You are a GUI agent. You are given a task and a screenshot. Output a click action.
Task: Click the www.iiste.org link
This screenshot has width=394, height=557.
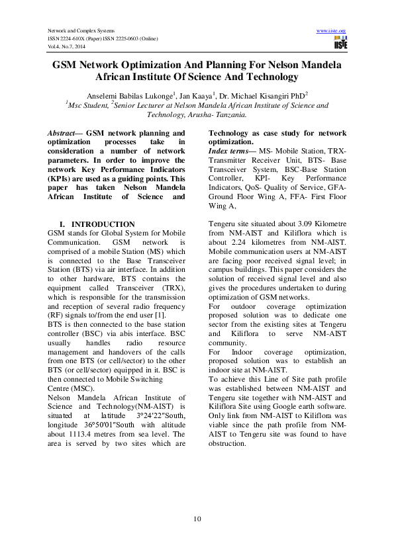(332, 31)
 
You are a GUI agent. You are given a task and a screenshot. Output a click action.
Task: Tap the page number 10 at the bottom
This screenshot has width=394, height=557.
(197, 518)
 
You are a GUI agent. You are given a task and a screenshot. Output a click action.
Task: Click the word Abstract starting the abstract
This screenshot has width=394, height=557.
(62, 133)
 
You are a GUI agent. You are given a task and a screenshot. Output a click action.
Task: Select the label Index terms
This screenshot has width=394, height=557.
(227, 151)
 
